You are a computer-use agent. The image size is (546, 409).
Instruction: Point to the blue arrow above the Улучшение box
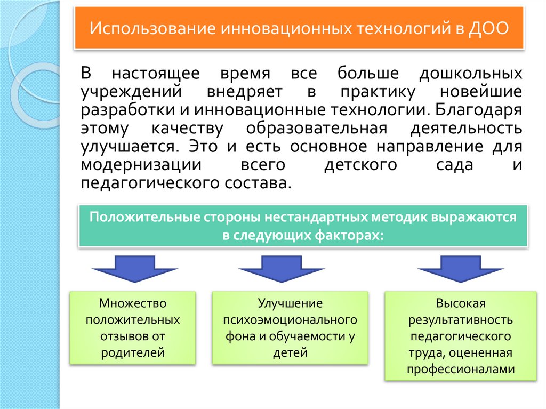[281, 269]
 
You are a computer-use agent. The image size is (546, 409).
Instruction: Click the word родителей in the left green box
[133, 352]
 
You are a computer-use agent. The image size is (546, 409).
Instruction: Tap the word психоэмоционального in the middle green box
[290, 320]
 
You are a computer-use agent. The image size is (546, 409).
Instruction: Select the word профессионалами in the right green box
[460, 369]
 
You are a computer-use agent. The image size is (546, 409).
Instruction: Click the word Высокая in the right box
[460, 304]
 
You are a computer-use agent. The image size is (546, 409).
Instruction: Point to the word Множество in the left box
[133, 304]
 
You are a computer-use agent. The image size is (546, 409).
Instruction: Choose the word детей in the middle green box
[290, 352]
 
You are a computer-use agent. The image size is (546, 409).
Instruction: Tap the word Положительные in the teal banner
[144, 218]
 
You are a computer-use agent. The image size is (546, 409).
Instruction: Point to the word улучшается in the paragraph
[129, 146]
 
